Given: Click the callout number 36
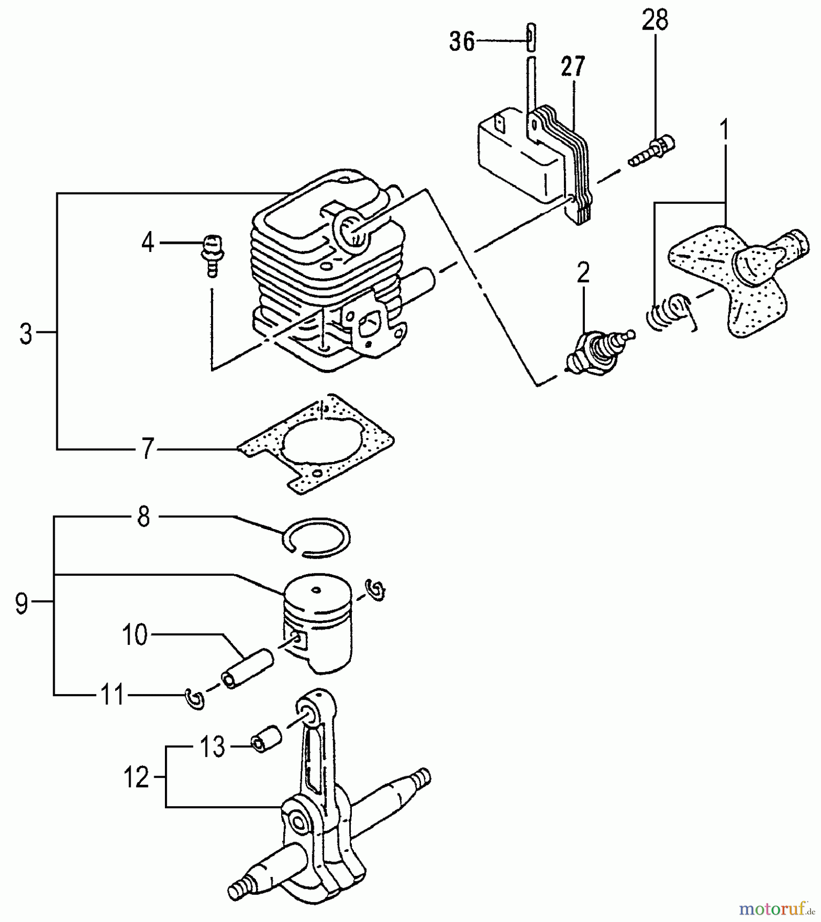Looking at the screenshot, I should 462,41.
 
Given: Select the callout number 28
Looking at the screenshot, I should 655,20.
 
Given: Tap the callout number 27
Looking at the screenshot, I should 573,67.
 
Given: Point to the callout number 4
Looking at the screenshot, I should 148,242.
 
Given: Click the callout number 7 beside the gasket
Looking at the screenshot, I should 148,449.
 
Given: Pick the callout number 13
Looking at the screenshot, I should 212,747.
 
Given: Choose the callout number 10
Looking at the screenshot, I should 135,635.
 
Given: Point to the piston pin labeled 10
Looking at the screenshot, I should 248,669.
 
